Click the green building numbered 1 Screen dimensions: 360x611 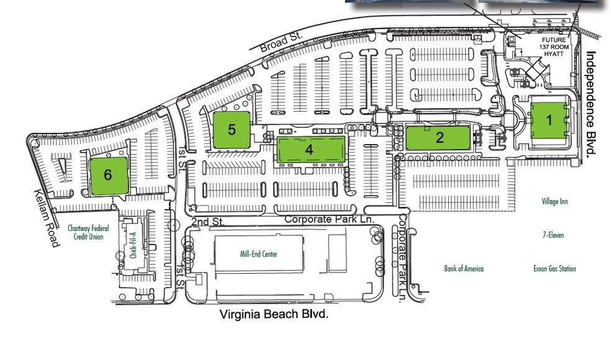coord(549,120)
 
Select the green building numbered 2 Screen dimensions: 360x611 coord(439,137)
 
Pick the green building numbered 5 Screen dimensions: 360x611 coord(232,130)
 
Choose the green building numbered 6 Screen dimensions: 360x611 coord(108,176)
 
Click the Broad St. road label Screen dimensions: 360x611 coord(280,42)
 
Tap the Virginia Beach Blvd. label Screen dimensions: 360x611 coord(274,315)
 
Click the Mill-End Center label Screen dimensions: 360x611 coord(258,254)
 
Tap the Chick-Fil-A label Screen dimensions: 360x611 coord(133,245)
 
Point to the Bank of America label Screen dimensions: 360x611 coord(463,269)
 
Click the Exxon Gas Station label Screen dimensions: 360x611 coord(554,269)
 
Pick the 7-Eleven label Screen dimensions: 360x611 coord(553,235)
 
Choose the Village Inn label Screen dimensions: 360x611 coord(554,202)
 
